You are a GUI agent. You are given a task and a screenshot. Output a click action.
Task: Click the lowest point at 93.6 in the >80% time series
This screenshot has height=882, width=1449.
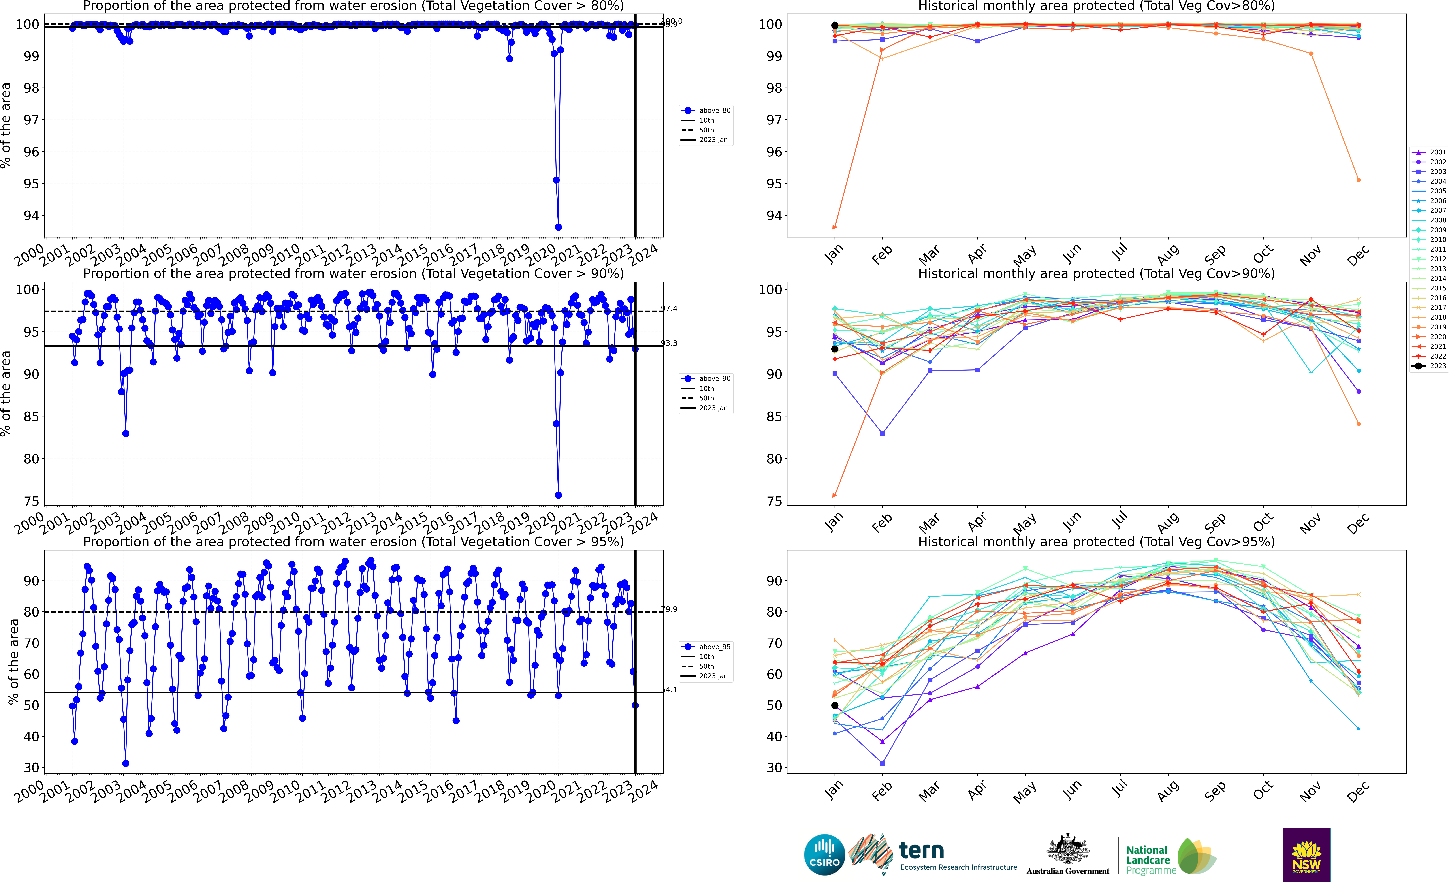coord(558,227)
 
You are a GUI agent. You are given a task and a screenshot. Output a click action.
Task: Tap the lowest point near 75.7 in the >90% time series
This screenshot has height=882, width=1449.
coord(558,495)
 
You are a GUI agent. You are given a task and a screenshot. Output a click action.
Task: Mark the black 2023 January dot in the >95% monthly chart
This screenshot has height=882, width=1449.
coord(834,705)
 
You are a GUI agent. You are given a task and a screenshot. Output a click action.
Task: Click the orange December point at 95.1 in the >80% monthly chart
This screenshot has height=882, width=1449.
coord(1358,180)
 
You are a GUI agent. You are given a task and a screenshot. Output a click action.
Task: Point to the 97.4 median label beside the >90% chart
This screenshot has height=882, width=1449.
coord(669,309)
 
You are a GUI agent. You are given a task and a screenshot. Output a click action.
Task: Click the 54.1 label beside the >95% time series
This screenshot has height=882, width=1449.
coord(669,690)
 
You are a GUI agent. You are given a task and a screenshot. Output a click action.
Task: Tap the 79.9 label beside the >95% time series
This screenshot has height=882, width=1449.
coord(669,609)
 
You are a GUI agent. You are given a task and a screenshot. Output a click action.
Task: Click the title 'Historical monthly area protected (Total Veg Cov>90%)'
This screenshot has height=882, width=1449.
coord(1096,273)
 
